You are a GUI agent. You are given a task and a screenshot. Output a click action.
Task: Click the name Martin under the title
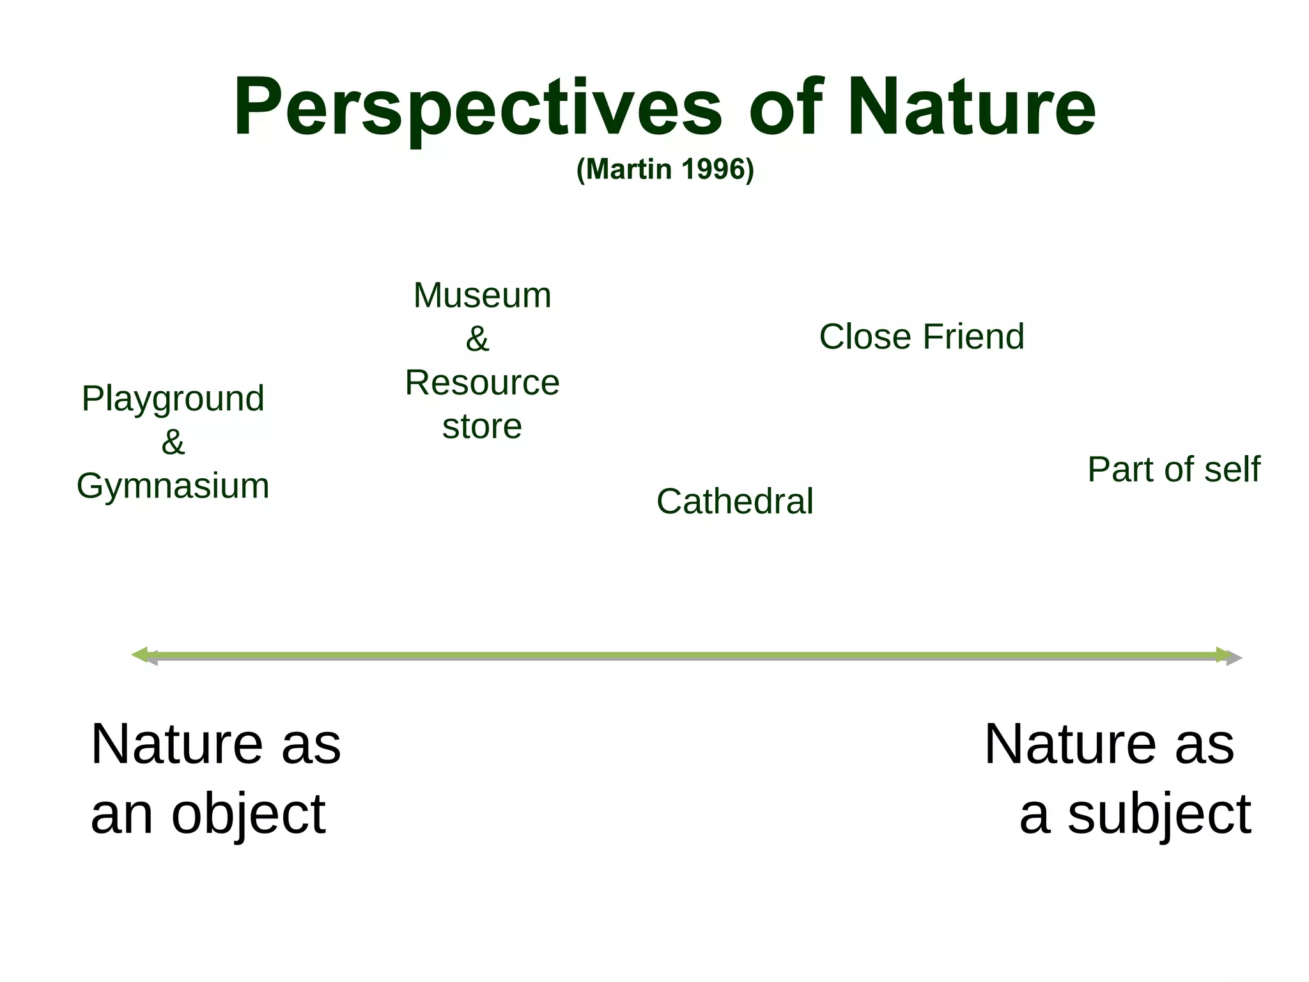pyautogui.click(x=629, y=169)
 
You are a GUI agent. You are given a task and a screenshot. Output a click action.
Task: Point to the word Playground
pyautogui.click(x=173, y=400)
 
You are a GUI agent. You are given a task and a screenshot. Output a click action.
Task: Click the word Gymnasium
pyautogui.click(x=173, y=486)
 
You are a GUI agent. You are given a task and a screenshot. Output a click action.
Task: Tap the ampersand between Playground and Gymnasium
pyautogui.click(x=173, y=442)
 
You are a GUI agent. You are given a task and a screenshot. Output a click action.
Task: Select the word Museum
pyautogui.click(x=482, y=295)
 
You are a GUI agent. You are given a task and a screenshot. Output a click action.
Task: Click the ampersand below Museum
pyautogui.click(x=477, y=339)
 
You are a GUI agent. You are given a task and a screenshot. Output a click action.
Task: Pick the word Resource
pyautogui.click(x=482, y=383)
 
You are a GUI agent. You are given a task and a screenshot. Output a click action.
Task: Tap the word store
pyautogui.click(x=482, y=426)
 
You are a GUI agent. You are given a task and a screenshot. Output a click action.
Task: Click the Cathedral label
pyautogui.click(x=734, y=501)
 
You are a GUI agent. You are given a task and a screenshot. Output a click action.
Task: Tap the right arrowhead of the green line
pyautogui.click(x=1225, y=655)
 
